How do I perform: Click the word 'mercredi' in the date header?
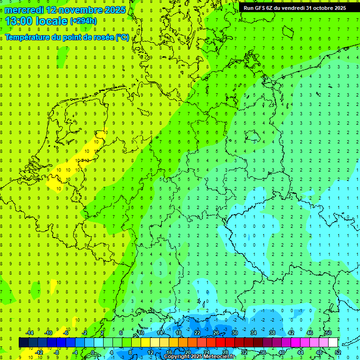(x=24, y=10)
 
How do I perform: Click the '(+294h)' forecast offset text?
(x=83, y=21)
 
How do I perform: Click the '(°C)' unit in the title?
(x=122, y=37)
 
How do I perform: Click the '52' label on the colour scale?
(x=338, y=352)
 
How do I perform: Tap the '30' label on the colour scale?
(x=234, y=333)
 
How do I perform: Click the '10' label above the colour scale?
(x=141, y=333)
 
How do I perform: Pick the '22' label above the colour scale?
(x=197, y=333)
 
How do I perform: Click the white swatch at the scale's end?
(x=333, y=343)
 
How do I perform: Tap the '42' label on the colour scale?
(x=291, y=333)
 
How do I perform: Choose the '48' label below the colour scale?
(x=319, y=352)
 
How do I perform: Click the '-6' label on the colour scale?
(x=66, y=333)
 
